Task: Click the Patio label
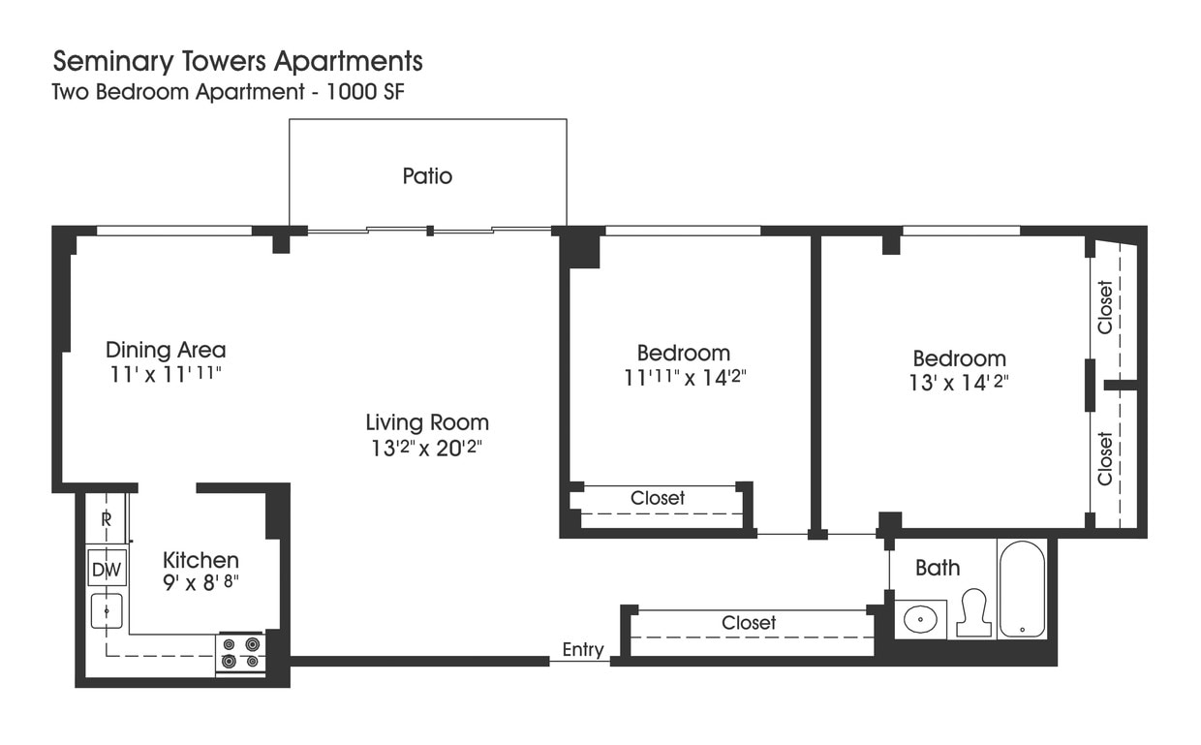(427, 176)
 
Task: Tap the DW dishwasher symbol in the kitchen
(107, 569)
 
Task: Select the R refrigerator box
(106, 518)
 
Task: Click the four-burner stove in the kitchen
(240, 652)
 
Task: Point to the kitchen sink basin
(107, 610)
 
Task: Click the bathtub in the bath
(1022, 588)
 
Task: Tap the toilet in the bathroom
(972, 613)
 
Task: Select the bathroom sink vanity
(919, 618)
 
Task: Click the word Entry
(583, 650)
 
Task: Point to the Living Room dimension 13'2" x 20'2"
(426, 449)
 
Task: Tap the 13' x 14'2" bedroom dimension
(959, 383)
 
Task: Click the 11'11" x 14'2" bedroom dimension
(684, 378)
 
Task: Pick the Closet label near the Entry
(749, 623)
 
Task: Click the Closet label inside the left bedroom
(658, 498)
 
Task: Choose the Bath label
(938, 568)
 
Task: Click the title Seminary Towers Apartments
(237, 61)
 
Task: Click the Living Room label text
(426, 422)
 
